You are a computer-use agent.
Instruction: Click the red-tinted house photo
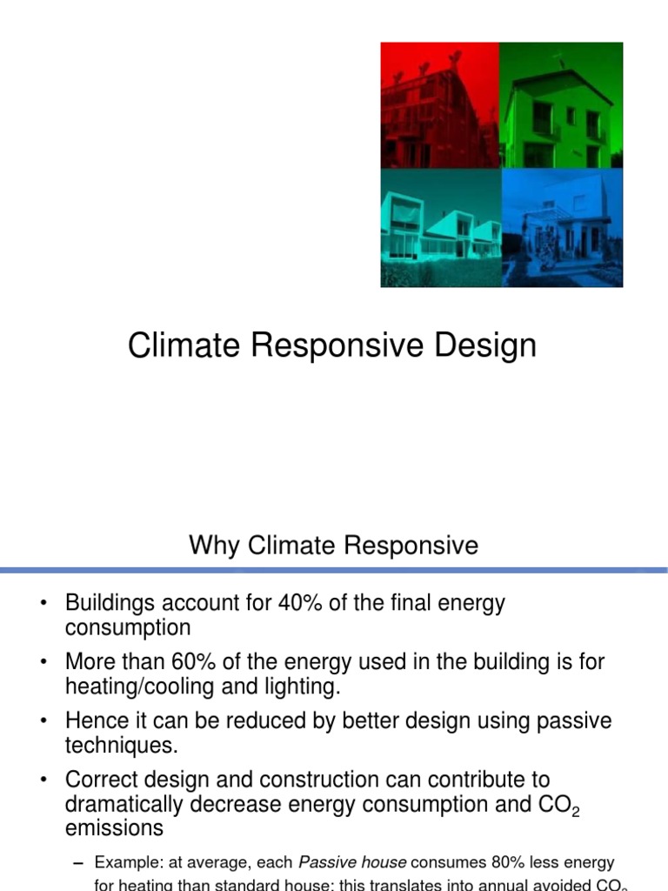click(x=441, y=105)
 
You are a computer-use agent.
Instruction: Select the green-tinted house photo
click(x=562, y=105)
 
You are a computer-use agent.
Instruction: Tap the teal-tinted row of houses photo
click(x=441, y=227)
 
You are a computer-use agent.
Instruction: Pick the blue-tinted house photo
click(x=562, y=227)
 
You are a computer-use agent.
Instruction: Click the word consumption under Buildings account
click(x=127, y=627)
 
